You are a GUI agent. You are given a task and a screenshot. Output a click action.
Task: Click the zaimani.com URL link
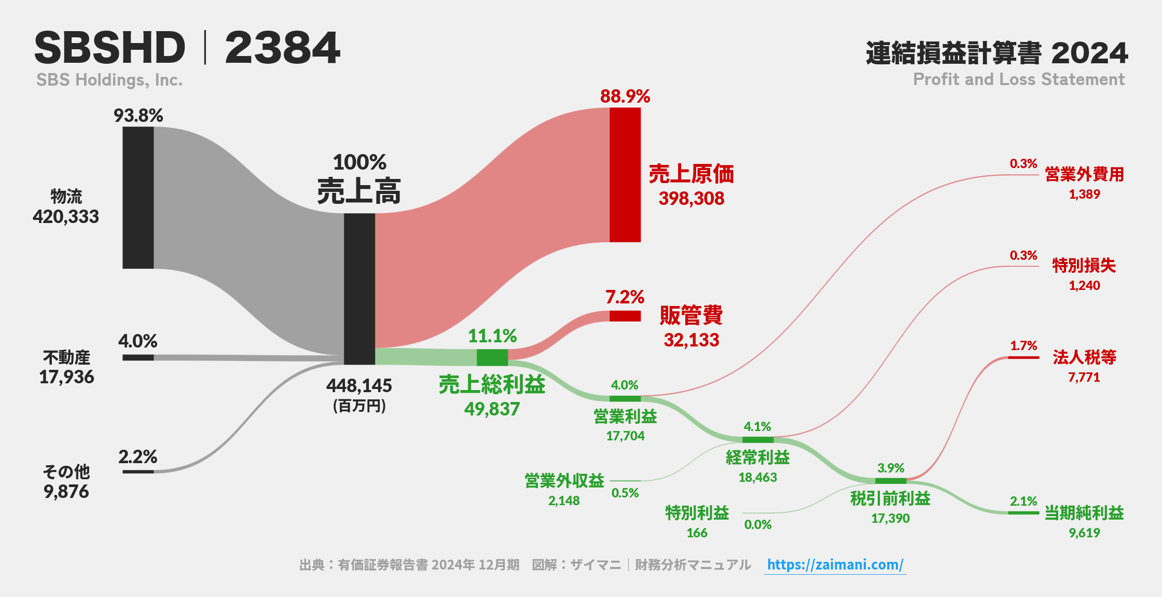click(835, 564)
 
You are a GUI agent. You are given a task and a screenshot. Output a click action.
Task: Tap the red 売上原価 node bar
click(625, 175)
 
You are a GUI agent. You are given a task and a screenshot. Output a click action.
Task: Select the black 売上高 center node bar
click(359, 289)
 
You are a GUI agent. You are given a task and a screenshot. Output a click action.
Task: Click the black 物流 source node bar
click(138, 198)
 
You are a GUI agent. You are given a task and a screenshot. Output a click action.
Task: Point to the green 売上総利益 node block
click(492, 357)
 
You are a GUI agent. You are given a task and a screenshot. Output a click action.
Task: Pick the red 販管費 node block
click(625, 316)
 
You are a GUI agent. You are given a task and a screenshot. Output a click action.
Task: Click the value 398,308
click(691, 198)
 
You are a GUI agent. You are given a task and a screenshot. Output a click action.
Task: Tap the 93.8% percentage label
click(139, 115)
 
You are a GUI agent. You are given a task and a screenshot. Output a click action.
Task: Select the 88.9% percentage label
click(625, 96)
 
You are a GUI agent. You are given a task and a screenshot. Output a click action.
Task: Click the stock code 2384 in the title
click(283, 48)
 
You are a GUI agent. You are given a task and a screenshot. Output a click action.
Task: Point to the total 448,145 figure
click(359, 385)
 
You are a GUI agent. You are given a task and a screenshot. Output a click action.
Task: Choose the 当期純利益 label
click(1084, 512)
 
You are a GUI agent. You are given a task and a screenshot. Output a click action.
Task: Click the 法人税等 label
click(1084, 357)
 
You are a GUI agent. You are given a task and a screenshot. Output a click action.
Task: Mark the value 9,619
click(1084, 533)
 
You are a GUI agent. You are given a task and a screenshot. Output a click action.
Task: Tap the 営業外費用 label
click(1084, 174)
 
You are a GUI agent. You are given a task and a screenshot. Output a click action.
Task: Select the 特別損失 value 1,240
click(1084, 285)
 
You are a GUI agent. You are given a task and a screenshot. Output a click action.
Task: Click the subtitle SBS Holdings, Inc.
click(109, 80)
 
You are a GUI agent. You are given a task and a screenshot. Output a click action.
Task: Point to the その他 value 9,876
click(66, 491)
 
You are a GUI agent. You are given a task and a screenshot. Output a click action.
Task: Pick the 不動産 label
click(66, 357)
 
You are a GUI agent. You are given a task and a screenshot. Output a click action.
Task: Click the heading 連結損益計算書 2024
click(997, 53)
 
